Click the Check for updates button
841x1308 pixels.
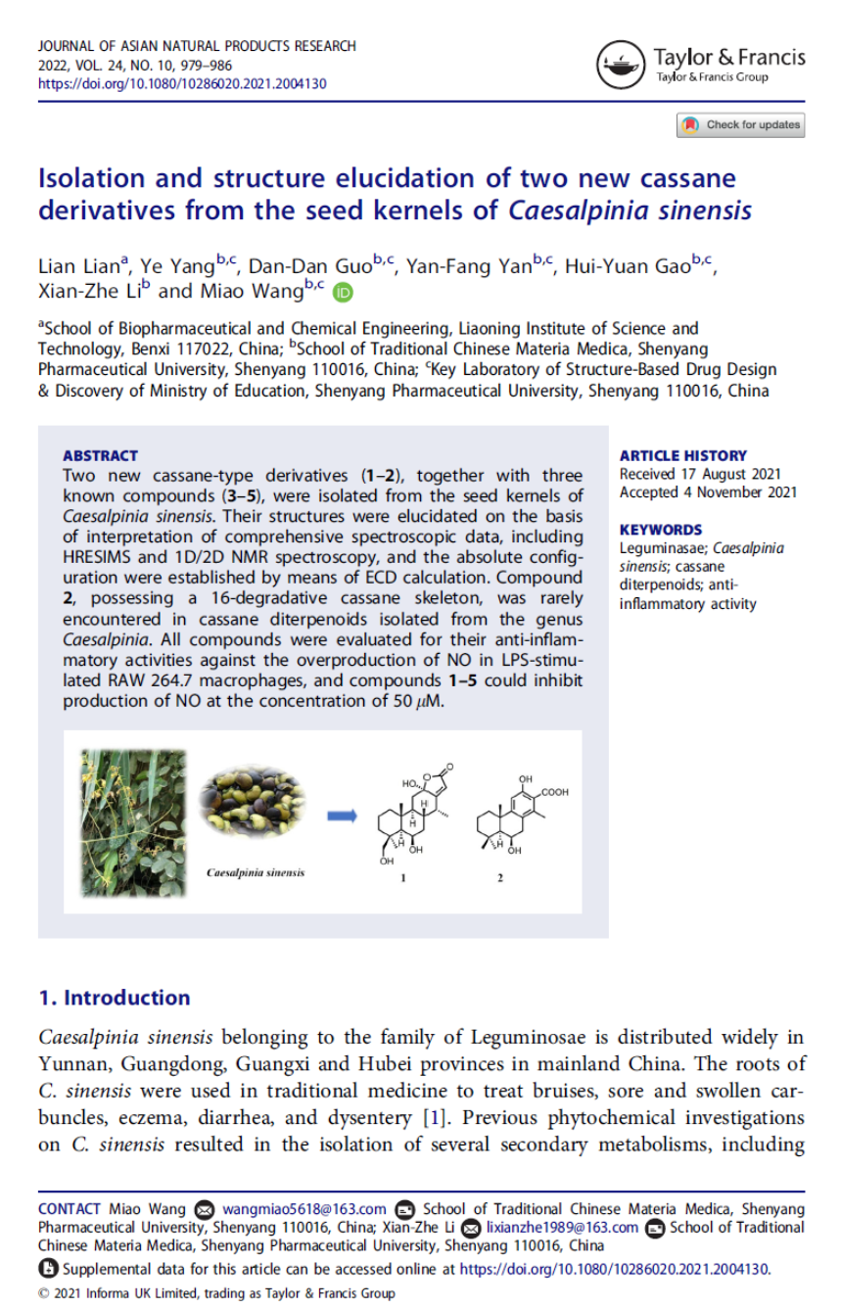coord(740,125)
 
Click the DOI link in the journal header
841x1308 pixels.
coord(182,84)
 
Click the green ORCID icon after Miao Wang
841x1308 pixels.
coord(342,292)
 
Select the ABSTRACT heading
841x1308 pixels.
coord(100,455)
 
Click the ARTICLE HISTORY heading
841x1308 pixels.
coord(682,455)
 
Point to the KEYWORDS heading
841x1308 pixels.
coord(661,530)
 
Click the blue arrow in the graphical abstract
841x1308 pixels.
coord(342,815)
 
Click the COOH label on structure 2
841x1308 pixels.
coord(554,792)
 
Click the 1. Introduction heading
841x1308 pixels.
coord(114,998)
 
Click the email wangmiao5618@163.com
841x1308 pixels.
coord(304,1209)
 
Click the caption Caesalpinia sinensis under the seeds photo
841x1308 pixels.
coord(255,872)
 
